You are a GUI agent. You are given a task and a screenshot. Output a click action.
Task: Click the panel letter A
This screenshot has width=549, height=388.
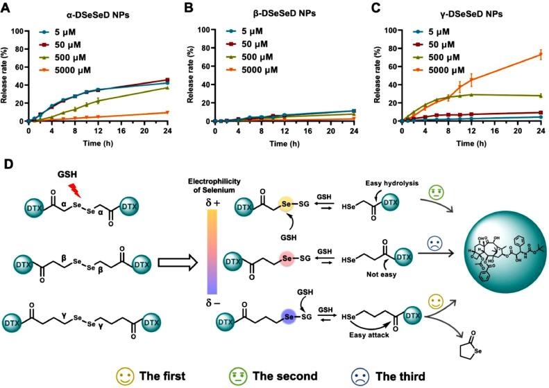(x=6, y=8)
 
